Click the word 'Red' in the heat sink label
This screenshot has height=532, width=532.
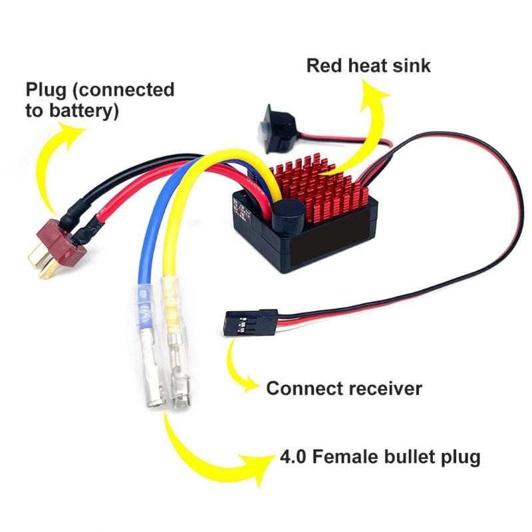(x=325, y=66)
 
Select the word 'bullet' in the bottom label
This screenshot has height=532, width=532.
(x=413, y=458)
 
